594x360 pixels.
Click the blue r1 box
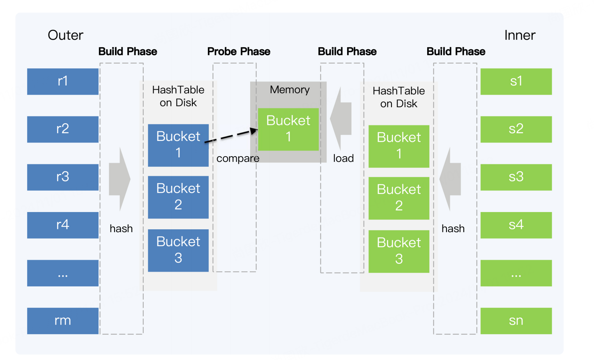click(x=63, y=81)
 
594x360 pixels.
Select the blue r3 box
click(x=63, y=177)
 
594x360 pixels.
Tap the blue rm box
click(x=63, y=321)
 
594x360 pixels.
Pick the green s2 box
click(x=516, y=129)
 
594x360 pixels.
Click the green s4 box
click(x=516, y=225)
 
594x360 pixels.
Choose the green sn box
click(x=516, y=321)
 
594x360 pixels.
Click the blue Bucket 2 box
click(x=178, y=197)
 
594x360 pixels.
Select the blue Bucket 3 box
click(x=178, y=250)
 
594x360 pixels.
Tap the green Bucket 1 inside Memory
click(x=288, y=129)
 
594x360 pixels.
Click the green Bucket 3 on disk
click(x=399, y=252)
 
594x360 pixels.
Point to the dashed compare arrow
click(x=231, y=136)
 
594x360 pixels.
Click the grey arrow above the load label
click(x=341, y=119)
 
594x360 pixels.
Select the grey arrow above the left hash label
click(x=120, y=179)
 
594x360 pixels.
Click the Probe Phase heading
click(x=239, y=51)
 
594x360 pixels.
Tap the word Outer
click(x=65, y=35)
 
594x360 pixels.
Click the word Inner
click(x=520, y=35)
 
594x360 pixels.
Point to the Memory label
click(x=290, y=90)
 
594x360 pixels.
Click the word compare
click(x=238, y=159)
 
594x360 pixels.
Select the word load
click(x=343, y=158)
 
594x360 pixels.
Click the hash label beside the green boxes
click(x=453, y=228)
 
